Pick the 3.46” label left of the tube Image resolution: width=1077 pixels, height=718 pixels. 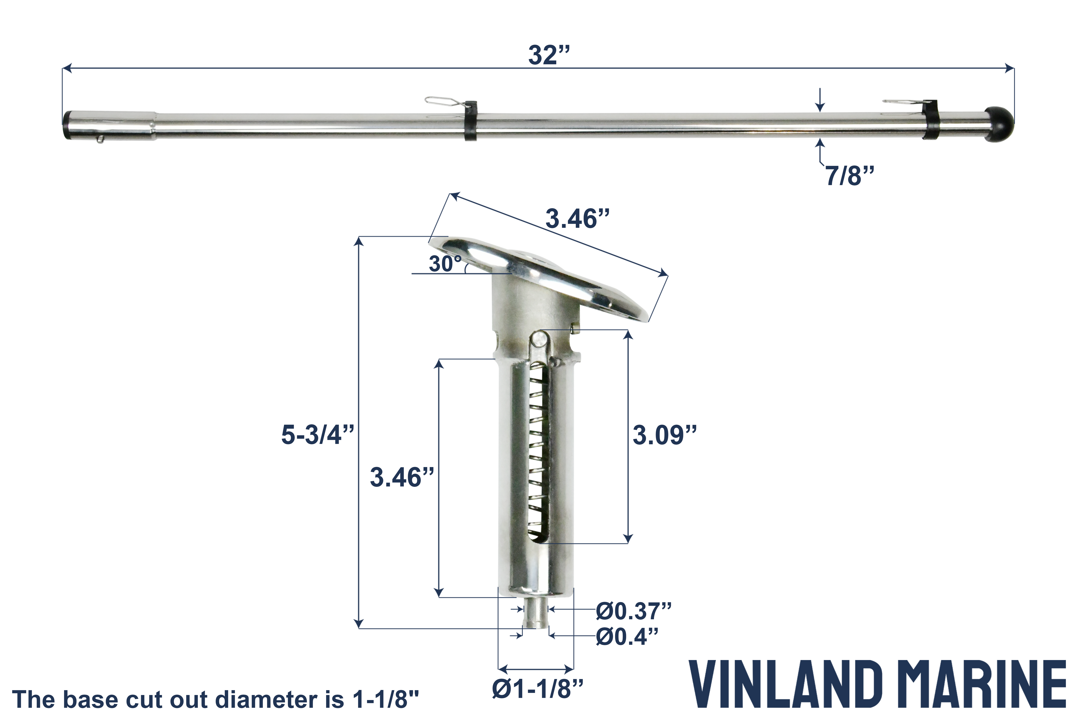pyautogui.click(x=402, y=478)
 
